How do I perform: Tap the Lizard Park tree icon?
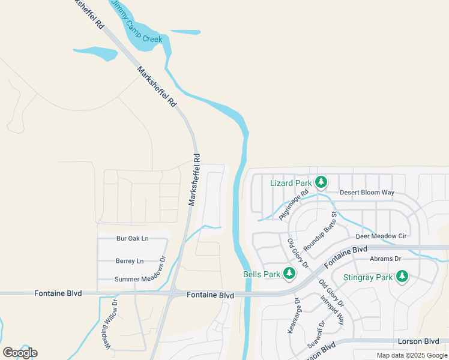pos(321,182)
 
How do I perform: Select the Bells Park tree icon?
pos(289,274)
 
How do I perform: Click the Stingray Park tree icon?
pos(402,277)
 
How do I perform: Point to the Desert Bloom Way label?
pos(367,193)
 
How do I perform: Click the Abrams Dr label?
pos(385,259)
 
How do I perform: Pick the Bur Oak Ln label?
pos(132,239)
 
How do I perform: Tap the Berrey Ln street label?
pos(130,261)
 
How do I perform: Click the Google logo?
pos(20,352)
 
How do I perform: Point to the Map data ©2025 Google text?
pos(412,355)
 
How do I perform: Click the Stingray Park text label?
pos(367,277)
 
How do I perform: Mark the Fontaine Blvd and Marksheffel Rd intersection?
pos(172,293)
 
